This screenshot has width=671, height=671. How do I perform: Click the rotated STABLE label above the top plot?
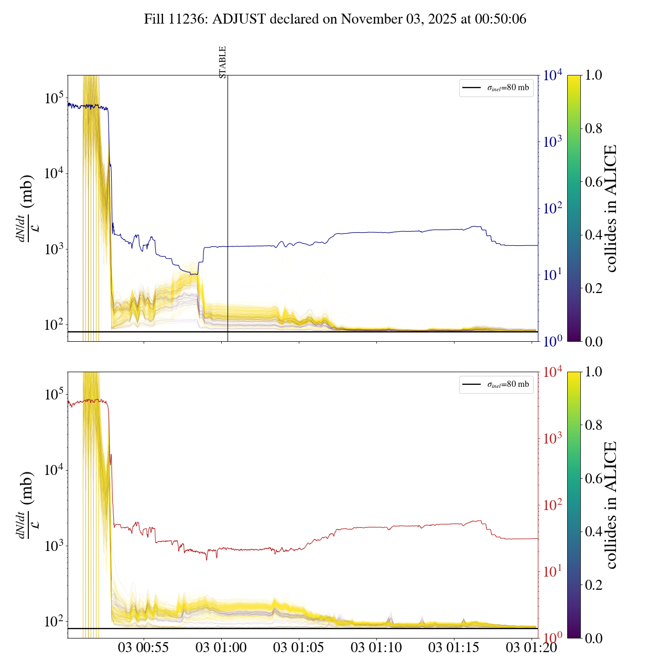pos(223,62)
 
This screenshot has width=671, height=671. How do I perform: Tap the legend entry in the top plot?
pos(496,88)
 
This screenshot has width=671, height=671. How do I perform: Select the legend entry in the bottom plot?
pos(496,384)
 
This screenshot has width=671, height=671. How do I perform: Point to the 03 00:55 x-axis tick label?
pos(143,647)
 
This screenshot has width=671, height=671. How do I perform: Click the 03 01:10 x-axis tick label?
pos(376,647)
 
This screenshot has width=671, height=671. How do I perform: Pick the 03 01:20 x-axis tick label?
pos(531,647)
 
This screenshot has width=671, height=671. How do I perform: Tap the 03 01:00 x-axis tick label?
pos(221,647)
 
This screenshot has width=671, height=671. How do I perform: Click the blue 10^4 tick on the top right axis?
pos(553,75)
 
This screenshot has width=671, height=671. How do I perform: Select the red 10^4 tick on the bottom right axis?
pos(553,372)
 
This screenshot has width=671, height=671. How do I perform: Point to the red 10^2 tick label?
pos(553,505)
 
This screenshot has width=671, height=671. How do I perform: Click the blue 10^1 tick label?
pos(553,275)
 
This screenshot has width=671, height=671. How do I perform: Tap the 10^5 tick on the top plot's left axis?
pos(54,98)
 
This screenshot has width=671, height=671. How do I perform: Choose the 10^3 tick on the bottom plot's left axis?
pos(54,546)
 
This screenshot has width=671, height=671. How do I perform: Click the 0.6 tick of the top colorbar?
pos(593,182)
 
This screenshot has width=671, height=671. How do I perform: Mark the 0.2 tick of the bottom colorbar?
pos(593,585)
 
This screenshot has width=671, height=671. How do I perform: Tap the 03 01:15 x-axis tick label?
pos(454,647)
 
